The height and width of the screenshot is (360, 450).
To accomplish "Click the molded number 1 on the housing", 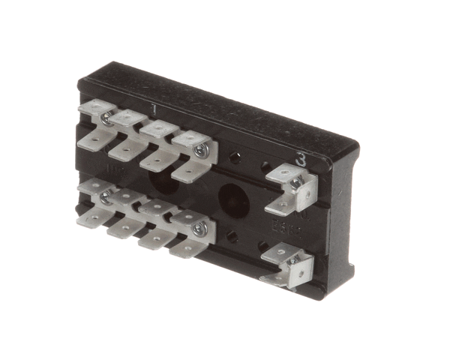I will click(x=154, y=109).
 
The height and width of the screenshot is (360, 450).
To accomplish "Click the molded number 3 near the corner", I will click(x=300, y=159).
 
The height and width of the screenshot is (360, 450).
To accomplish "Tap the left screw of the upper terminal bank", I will click(x=107, y=118).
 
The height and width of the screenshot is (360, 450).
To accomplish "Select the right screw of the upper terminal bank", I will click(x=200, y=150).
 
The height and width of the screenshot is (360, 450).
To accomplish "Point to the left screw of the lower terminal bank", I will click(x=106, y=196).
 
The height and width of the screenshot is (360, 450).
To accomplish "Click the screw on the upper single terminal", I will click(x=295, y=182).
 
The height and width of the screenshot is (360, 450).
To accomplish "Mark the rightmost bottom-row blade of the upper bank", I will click(x=187, y=174).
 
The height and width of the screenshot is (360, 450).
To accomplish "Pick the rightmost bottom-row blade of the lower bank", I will click(x=184, y=248).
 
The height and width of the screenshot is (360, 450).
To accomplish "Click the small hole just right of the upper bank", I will click(x=235, y=158).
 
